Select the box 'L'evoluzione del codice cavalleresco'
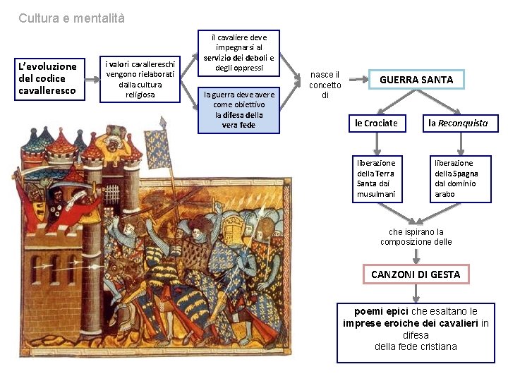pos(50,78)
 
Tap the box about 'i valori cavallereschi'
pos(139,78)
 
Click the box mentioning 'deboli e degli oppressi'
pos(239,53)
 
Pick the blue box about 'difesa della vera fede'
pos(239,110)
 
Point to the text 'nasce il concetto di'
pos(325,85)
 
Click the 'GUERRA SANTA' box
pos(416,80)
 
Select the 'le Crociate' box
pos(376,123)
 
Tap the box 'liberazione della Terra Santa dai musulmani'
pos(377,179)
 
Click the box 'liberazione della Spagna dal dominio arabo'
pos(460,179)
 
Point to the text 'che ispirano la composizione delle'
pos(416,237)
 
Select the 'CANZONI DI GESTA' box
pos(416,274)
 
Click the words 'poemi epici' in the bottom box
pos(382,311)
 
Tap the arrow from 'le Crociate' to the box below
pos(377,143)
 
